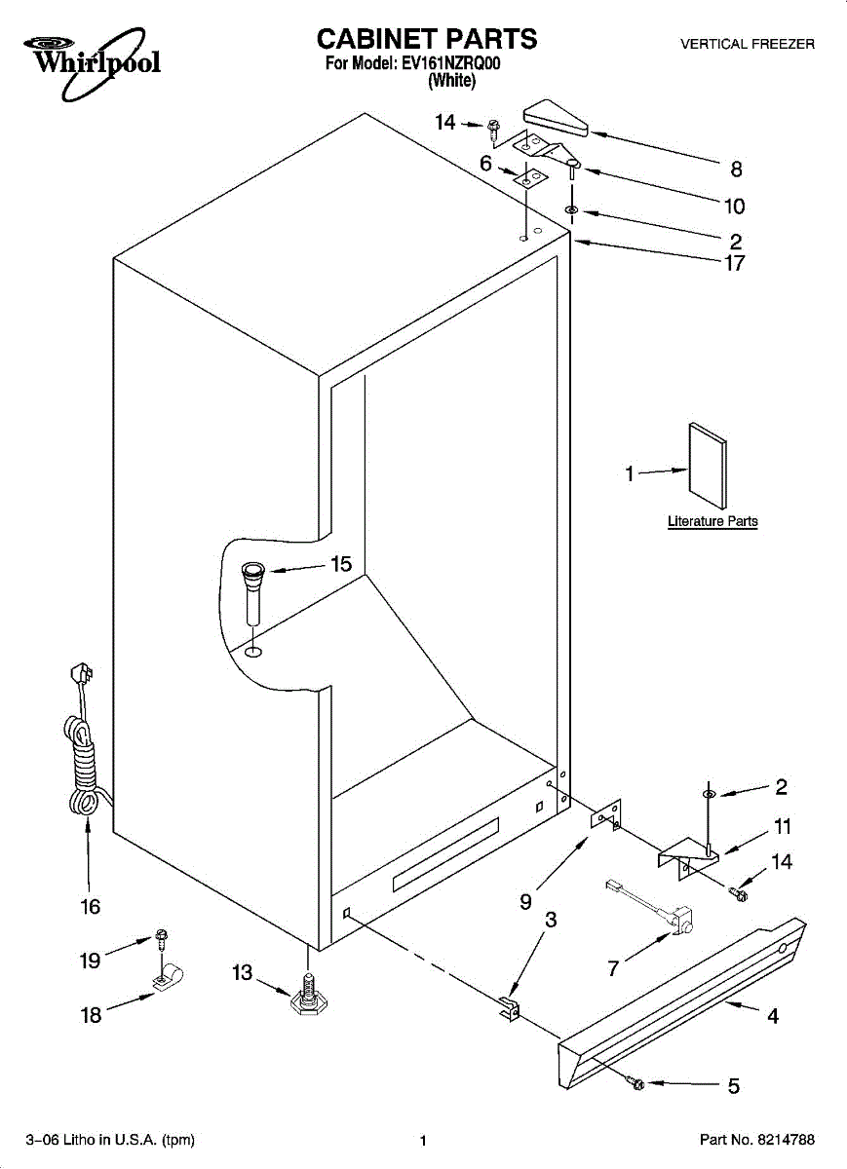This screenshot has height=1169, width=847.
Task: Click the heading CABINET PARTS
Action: [x=427, y=39]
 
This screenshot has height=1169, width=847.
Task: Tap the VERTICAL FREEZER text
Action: [x=747, y=44]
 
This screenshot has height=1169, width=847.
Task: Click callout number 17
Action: [x=734, y=263]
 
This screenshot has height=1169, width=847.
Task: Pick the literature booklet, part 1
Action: [x=707, y=467]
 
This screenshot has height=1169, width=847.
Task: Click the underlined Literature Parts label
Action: [x=712, y=522]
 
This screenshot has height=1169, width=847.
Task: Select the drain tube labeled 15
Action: [x=253, y=591]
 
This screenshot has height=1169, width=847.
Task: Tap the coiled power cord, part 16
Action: [x=80, y=750]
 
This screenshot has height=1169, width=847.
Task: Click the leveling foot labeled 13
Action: [x=309, y=994]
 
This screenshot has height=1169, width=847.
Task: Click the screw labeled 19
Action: [x=162, y=938]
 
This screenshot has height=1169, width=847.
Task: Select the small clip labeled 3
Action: [x=509, y=1008]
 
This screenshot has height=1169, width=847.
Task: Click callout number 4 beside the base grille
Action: [x=772, y=1017]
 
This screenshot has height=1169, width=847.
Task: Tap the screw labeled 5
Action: [x=637, y=1082]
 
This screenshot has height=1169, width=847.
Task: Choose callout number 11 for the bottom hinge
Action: [x=782, y=827]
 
